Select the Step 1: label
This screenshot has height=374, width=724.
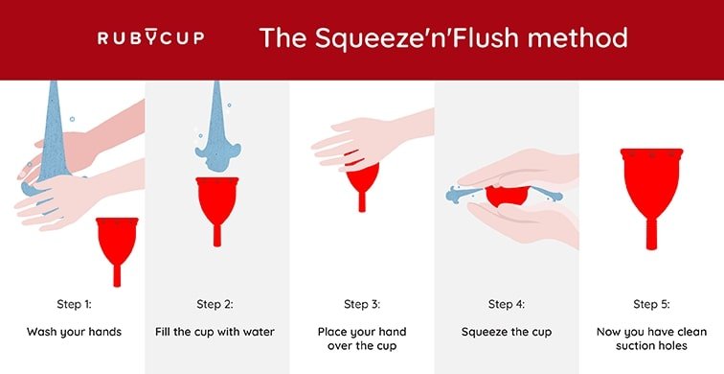[72, 305]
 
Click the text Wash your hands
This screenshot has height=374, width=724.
[72, 332]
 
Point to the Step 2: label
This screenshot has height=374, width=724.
[215, 305]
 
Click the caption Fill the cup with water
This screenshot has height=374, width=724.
[215, 332]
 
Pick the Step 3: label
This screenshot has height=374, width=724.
[361, 305]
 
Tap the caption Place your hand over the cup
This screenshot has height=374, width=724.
[361, 339]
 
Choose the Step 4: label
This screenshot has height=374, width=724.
[506, 305]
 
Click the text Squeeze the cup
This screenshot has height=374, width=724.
[506, 332]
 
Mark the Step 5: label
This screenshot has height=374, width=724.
[651, 305]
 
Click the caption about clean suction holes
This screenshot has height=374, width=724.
[651, 339]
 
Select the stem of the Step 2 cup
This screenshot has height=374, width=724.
[215, 233]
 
